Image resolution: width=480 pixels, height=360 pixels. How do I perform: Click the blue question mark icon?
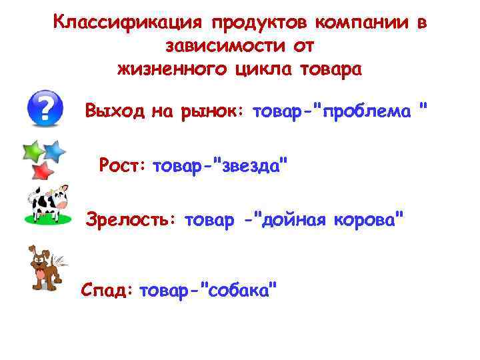pyautogui.click(x=45, y=108)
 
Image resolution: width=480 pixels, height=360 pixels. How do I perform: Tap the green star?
pyautogui.click(x=34, y=153)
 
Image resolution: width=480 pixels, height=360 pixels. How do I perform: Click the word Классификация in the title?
pyautogui.click(x=126, y=24)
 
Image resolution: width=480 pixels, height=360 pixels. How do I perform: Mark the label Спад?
pyautogui.click(x=107, y=290)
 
